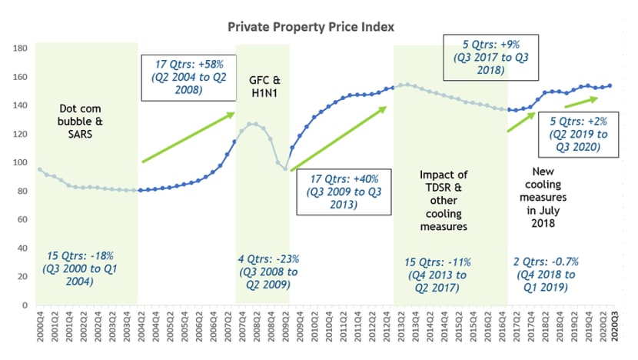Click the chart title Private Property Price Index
point(311,27)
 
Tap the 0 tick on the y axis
point(25,305)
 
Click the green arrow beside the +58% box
point(188,138)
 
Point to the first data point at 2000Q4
point(39,169)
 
